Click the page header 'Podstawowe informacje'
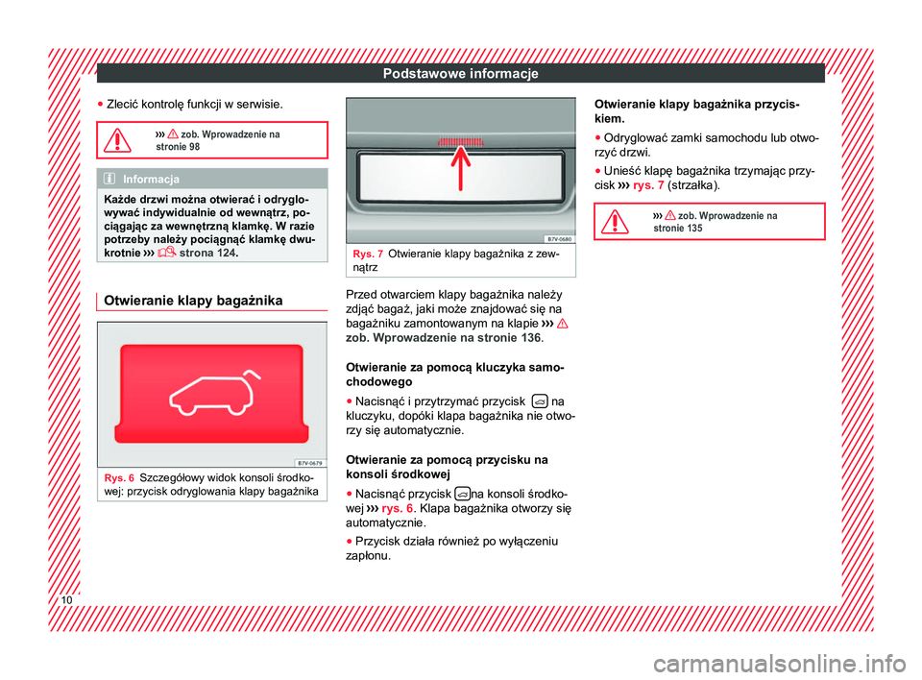(x=460, y=74)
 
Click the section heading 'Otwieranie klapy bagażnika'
(x=190, y=301)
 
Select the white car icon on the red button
(x=211, y=391)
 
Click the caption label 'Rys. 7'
(x=368, y=253)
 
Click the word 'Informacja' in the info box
(x=155, y=177)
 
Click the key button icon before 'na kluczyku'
(x=541, y=401)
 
